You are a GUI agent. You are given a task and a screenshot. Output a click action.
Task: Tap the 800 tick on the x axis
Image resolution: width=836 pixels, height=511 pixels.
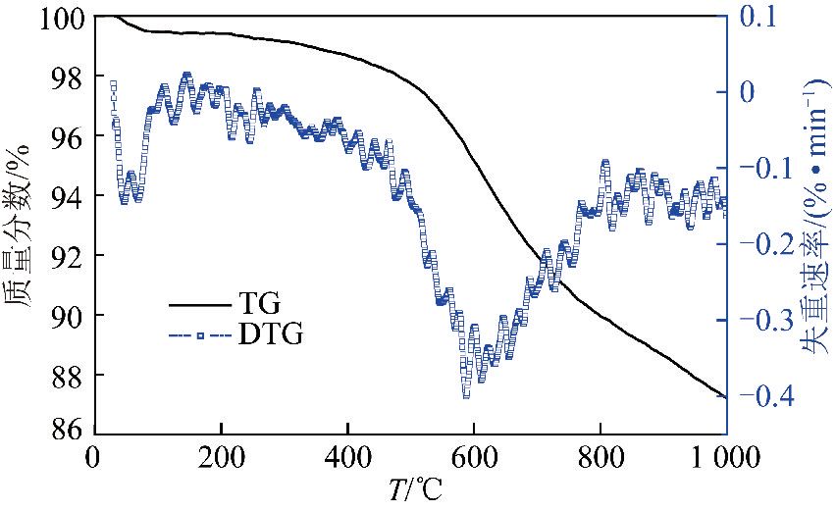600,458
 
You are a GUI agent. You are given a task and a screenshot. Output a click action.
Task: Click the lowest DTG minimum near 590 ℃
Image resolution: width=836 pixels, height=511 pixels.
466,394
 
